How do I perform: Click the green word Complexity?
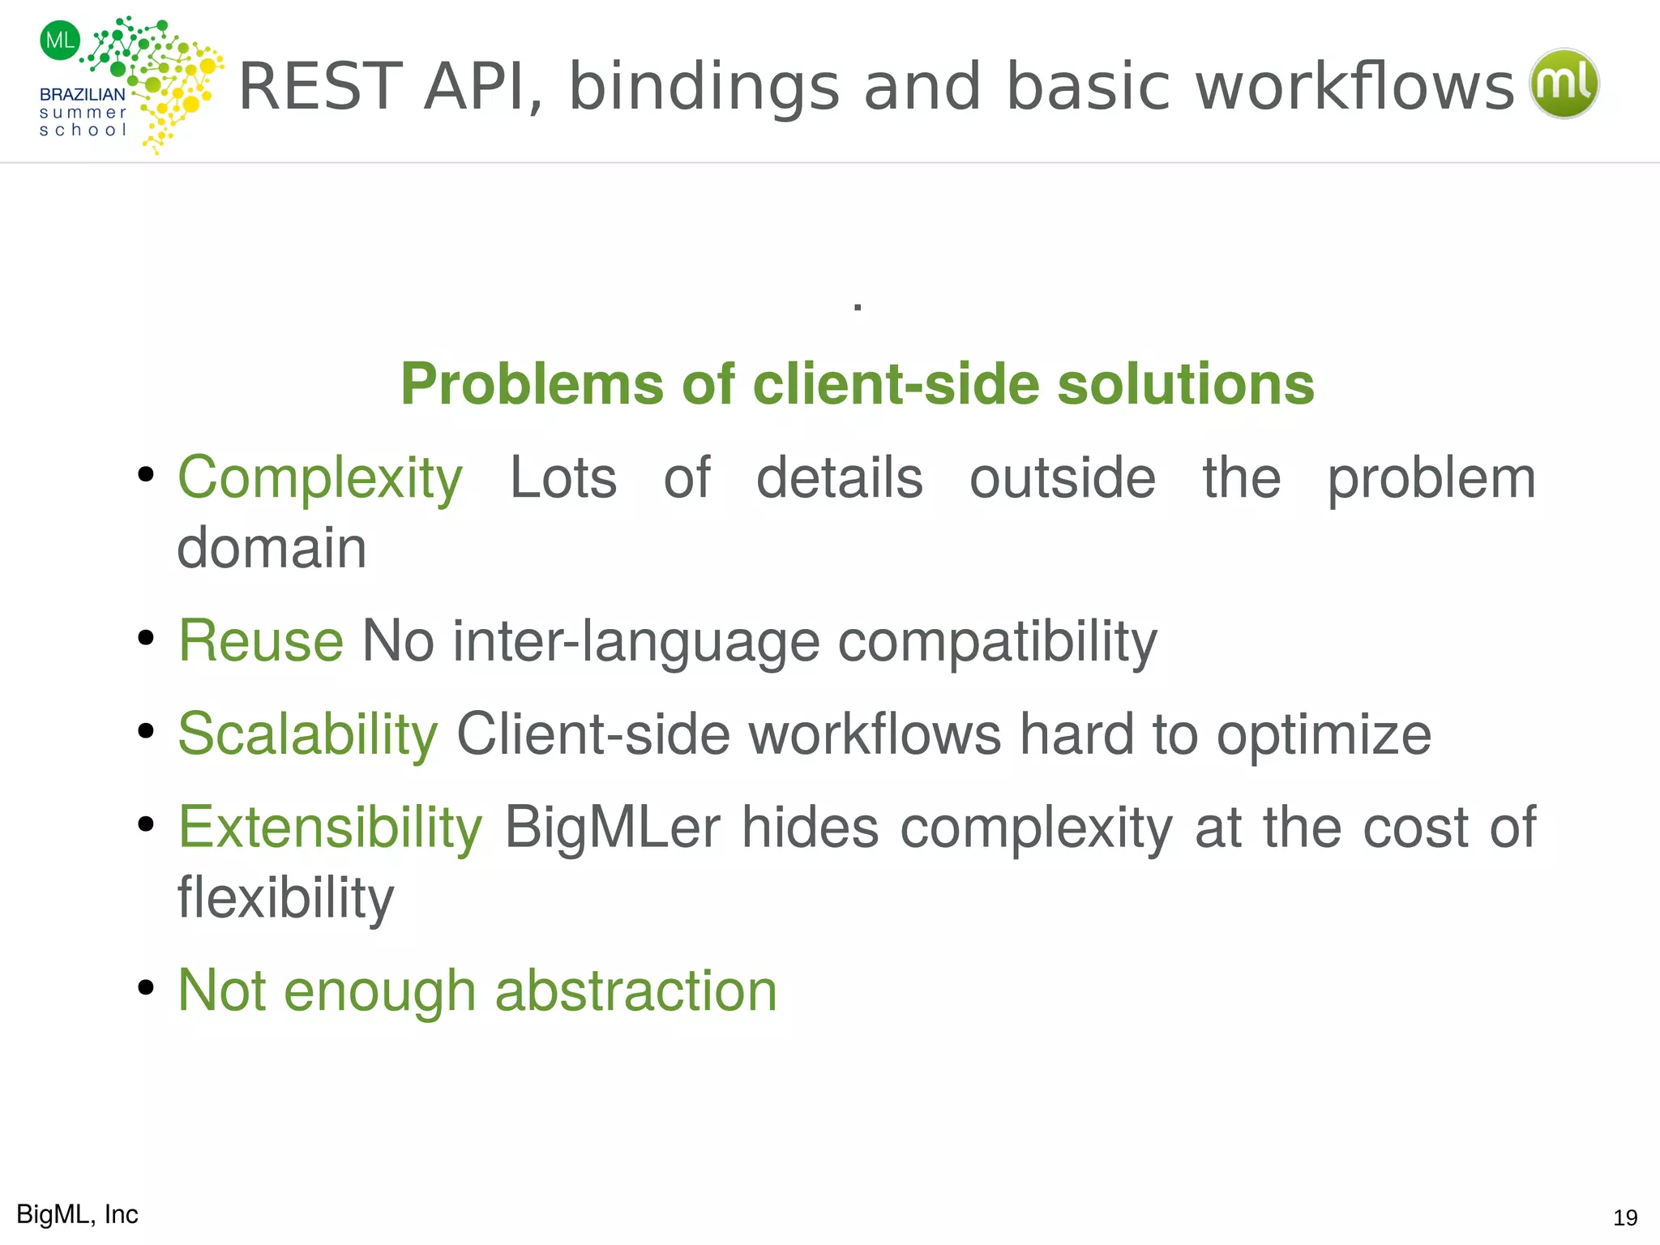(320, 478)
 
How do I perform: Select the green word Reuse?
(261, 641)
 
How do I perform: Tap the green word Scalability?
(308, 734)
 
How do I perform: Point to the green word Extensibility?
(330, 828)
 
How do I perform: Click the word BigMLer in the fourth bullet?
(612, 828)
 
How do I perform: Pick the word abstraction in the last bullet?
(635, 990)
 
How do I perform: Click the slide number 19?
(1625, 1217)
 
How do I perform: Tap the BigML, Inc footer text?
(77, 1214)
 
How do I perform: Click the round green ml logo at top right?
(1564, 83)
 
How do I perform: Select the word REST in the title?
(321, 87)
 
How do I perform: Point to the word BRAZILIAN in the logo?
(83, 95)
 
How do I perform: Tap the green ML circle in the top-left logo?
(60, 40)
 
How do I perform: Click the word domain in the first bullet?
(272, 548)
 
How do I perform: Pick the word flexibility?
(285, 898)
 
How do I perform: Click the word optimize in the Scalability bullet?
(1324, 734)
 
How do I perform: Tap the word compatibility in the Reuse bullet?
(997, 641)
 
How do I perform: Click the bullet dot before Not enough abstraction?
(146, 987)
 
